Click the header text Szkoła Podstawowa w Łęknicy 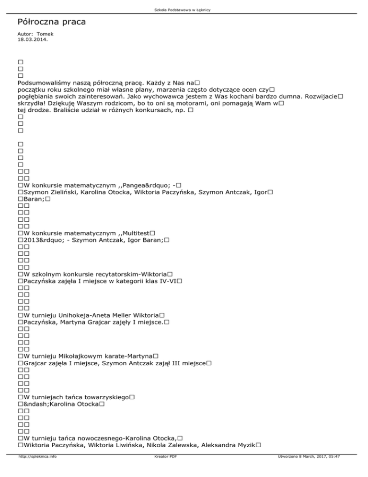point(184,10)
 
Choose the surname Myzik point(244,445)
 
